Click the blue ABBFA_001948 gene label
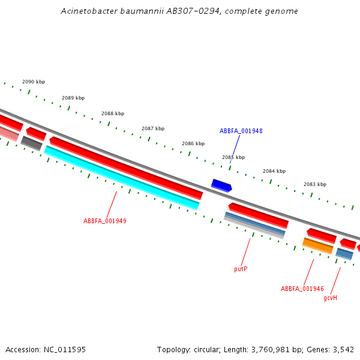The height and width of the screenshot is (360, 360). pyautogui.click(x=241, y=131)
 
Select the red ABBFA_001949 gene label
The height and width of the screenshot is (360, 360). pyautogui.click(x=105, y=221)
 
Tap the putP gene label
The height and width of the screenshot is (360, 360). pyautogui.click(x=241, y=269)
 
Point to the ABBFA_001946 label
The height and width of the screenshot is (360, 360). pyautogui.click(x=302, y=289)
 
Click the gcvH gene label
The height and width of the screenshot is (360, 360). pyautogui.click(x=330, y=298)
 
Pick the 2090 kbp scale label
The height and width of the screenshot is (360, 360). pyautogui.click(x=34, y=82)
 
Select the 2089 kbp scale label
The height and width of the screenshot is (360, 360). pyautogui.click(x=73, y=98)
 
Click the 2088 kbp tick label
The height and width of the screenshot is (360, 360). pyautogui.click(x=113, y=113)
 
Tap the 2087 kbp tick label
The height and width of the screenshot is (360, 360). pyautogui.click(x=153, y=128)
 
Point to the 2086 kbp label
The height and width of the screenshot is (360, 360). pyautogui.click(x=193, y=143)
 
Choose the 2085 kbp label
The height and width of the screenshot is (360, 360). pyautogui.click(x=233, y=157)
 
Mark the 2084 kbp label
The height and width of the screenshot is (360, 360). pyautogui.click(x=274, y=171)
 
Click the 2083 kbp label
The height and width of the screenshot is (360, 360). pyautogui.click(x=315, y=184)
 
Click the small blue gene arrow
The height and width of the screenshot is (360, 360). pyautogui.click(x=221, y=185)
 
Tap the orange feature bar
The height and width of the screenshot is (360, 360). pyautogui.click(x=318, y=245)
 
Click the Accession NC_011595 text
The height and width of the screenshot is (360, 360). pyautogui.click(x=46, y=349)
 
